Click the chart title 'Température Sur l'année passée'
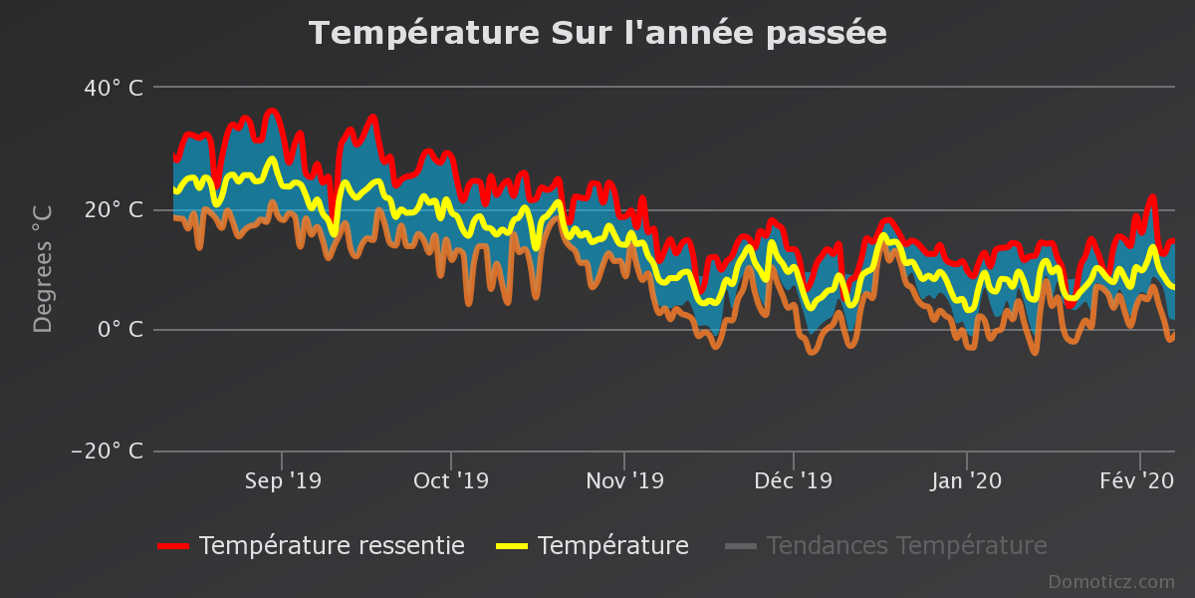597,33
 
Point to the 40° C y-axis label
114,89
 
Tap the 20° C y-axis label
114,209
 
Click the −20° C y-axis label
108,451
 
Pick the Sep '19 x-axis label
283,481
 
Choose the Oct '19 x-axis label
451,481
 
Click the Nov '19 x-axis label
624,481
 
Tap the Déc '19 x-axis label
793,481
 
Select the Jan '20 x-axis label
966,481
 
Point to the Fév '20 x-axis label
1137,481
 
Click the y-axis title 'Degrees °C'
43,269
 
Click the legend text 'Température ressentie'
332,546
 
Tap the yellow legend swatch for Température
511,546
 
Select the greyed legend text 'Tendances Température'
906,546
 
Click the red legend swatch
173,546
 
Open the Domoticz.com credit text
1110,582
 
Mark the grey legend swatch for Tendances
741,546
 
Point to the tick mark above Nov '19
624,458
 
